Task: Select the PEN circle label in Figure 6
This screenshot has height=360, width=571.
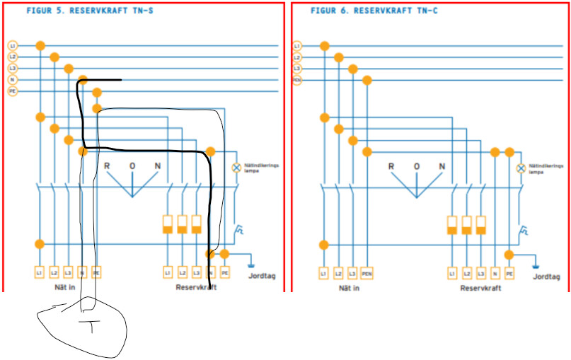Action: pos(296,80)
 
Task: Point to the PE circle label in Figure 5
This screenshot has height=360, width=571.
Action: pos(12,91)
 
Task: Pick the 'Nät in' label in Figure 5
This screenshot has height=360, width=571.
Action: pos(67,288)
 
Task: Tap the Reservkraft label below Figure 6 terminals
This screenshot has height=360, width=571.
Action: pos(480,288)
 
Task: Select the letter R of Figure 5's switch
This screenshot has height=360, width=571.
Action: pos(107,167)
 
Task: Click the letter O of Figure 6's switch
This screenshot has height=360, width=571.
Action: pos(417,167)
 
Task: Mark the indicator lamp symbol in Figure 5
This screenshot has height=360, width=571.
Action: pos(237,168)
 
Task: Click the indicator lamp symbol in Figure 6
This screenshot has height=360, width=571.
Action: pos(521,168)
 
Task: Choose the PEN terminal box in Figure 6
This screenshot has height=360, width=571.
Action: pos(367,272)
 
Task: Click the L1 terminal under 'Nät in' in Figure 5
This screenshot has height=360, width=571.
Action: pos(40,272)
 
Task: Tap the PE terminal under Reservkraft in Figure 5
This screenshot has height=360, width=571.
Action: pos(225,272)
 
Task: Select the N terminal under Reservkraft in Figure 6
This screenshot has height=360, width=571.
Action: pos(495,272)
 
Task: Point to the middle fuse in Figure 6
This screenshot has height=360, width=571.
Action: pos(466,225)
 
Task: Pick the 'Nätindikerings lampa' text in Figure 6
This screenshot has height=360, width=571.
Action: pos(546,168)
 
